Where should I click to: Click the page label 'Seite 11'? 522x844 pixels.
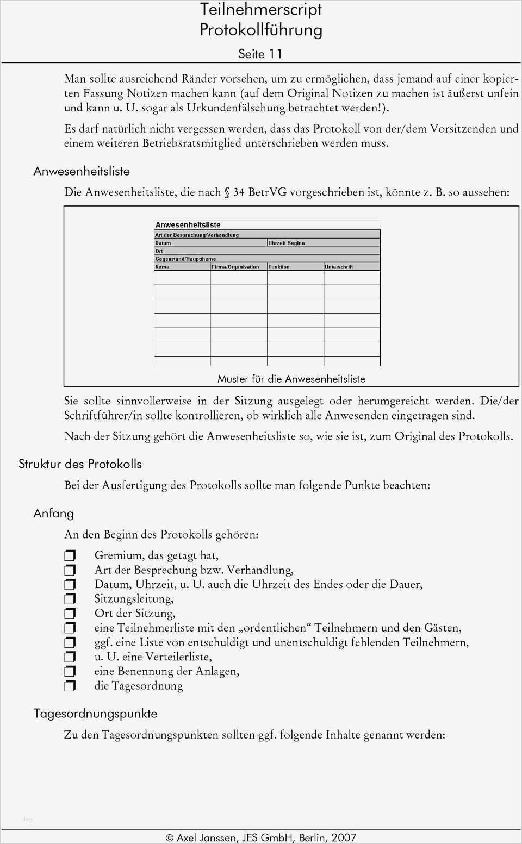click(x=260, y=54)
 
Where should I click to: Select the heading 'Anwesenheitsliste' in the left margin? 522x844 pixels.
click(x=82, y=171)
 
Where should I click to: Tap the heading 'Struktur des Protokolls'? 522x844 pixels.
click(x=80, y=464)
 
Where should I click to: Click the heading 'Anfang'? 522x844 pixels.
click(x=53, y=513)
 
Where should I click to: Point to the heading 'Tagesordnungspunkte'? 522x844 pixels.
click(x=95, y=714)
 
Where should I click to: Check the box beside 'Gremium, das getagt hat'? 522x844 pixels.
click(x=70, y=555)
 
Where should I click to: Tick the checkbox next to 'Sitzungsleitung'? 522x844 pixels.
click(x=70, y=599)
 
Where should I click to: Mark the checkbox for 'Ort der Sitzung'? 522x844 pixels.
click(x=70, y=614)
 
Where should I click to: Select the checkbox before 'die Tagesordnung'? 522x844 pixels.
click(x=70, y=686)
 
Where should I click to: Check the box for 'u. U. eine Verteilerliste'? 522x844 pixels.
click(x=70, y=657)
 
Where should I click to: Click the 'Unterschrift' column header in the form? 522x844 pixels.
click(x=339, y=267)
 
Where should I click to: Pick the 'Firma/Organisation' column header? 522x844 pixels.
click(x=235, y=267)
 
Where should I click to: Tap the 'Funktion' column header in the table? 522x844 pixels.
click(x=279, y=267)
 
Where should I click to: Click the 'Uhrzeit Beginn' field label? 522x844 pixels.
click(x=287, y=243)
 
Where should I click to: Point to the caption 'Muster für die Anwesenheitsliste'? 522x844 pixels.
click(x=291, y=379)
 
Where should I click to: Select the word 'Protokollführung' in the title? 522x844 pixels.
click(x=260, y=29)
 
